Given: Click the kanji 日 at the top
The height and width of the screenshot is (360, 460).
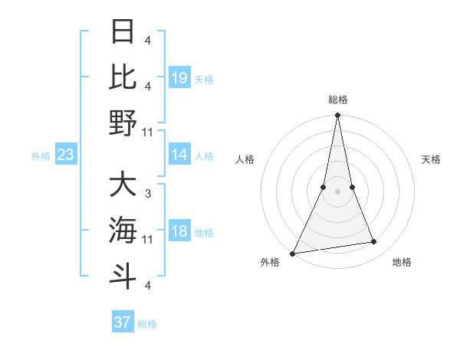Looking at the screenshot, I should click(x=123, y=32).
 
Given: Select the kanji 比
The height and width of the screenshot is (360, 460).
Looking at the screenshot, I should click(x=123, y=76).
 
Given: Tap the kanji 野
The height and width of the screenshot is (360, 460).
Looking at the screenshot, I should click(x=123, y=122).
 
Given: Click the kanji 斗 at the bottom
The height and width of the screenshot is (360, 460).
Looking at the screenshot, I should click(x=123, y=275).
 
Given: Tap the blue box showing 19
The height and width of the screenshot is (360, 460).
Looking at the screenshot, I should click(x=179, y=77).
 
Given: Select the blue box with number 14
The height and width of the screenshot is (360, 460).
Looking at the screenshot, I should click(x=179, y=155).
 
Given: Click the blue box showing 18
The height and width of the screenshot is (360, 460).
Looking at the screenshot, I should click(x=179, y=231).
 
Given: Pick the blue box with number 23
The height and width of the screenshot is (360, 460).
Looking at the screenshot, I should click(x=65, y=155).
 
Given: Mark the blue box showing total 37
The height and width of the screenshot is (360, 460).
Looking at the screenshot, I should click(x=123, y=322).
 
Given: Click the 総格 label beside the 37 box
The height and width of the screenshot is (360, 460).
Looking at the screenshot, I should click(x=147, y=324).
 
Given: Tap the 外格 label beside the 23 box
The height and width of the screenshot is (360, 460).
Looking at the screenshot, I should click(x=41, y=156).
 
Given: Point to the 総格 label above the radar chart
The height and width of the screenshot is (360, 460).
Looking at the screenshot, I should click(x=337, y=100).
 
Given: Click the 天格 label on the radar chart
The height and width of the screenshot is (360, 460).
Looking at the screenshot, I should click(x=432, y=159).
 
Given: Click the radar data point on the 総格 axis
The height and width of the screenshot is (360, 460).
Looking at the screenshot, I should click(x=337, y=116).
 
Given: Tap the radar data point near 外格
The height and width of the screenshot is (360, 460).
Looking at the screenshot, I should click(x=293, y=253).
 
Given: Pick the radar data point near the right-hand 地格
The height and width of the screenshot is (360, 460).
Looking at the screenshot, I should click(x=374, y=242).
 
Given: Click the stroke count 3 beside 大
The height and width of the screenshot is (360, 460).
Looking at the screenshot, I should click(x=148, y=194).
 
